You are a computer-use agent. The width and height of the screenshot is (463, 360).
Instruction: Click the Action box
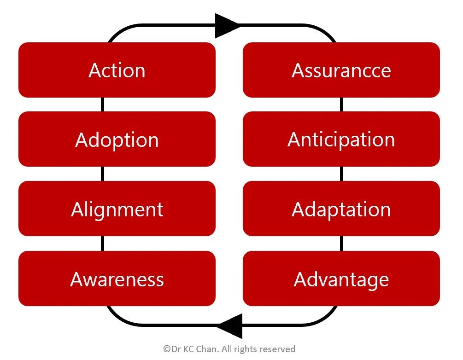pyautogui.click(x=117, y=70)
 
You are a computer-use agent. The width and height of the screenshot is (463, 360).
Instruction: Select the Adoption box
pyautogui.click(x=117, y=139)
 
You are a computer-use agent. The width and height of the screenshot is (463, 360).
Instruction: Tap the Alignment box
pyautogui.click(x=117, y=209)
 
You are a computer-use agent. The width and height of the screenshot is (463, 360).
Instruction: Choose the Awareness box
pyautogui.click(x=117, y=279)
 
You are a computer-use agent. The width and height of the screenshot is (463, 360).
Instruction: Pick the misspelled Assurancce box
pyautogui.click(x=341, y=70)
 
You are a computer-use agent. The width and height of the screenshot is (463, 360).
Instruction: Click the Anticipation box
pyautogui.click(x=341, y=139)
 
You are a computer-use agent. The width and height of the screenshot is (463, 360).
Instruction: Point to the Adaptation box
pyautogui.click(x=341, y=209)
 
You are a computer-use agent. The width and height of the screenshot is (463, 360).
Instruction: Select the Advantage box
pyautogui.click(x=341, y=279)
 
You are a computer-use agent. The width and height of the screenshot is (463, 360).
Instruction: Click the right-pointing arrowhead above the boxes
pyautogui.click(x=227, y=25)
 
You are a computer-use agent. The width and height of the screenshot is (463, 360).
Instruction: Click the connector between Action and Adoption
pyautogui.click(x=102, y=105)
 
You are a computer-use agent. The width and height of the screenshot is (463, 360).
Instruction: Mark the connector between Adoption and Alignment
pyautogui.click(x=102, y=174)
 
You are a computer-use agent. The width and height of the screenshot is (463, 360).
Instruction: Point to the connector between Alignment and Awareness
pyautogui.click(x=102, y=244)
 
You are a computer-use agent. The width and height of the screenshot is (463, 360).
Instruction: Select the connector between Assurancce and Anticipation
pyautogui.click(x=341, y=105)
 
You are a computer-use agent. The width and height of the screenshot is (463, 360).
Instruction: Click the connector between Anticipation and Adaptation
pyautogui.click(x=341, y=174)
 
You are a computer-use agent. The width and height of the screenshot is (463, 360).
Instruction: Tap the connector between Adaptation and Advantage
pyautogui.click(x=341, y=244)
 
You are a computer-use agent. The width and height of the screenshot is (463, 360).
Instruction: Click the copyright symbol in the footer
pyautogui.click(x=166, y=349)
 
